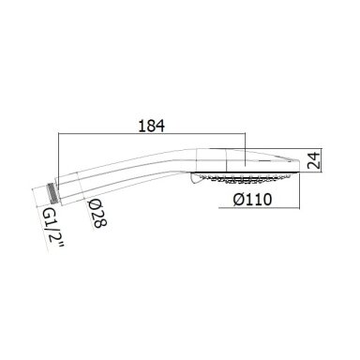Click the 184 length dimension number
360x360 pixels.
coord(152,126)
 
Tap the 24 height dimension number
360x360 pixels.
coord(314,160)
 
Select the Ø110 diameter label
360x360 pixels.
coord(252,200)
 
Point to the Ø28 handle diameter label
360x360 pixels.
coord(97,213)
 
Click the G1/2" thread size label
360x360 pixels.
coord(52,229)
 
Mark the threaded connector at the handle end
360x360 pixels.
coord(52,190)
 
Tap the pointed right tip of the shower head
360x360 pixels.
coord(299,161)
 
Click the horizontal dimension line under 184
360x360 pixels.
coord(152,134)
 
